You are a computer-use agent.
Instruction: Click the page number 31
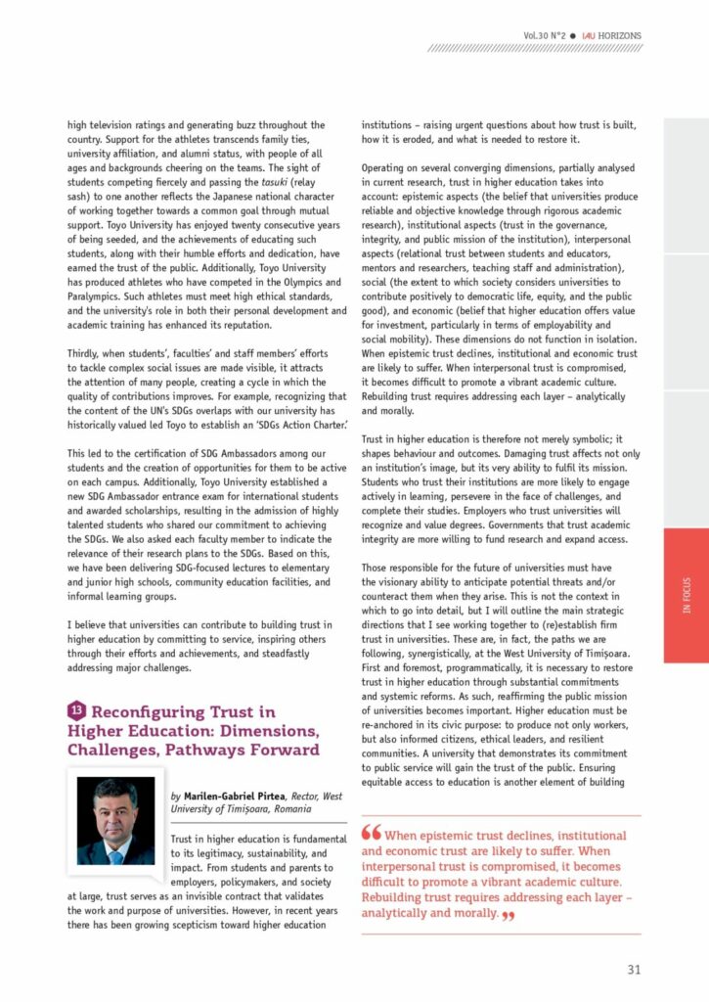coord(634,970)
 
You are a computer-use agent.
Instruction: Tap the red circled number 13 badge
coord(77,711)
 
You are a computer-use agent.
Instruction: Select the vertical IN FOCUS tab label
coord(686,596)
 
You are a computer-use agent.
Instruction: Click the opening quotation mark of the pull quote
coord(372,834)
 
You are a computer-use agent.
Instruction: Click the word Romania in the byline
coord(287,809)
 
